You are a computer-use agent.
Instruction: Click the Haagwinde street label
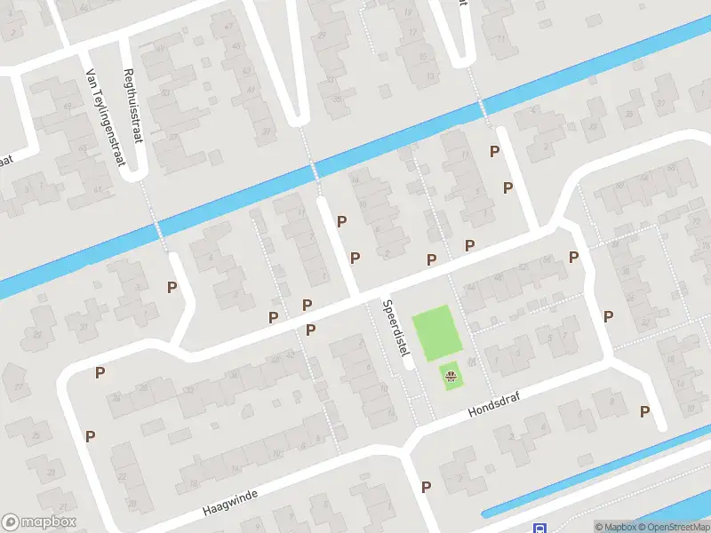[229, 504]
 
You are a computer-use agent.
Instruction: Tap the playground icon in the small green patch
[451, 378]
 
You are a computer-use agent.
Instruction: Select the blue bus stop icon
[539, 528]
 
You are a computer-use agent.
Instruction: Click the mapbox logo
[39, 522]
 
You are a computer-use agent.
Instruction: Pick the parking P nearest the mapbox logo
[90, 436]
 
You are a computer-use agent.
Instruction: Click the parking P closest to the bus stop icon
[427, 487]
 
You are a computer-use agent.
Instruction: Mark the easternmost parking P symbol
[645, 411]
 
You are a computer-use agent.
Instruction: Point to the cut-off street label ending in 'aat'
[8, 161]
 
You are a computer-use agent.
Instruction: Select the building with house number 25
[36, 435]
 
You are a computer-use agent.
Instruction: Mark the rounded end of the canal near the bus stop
[487, 513]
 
